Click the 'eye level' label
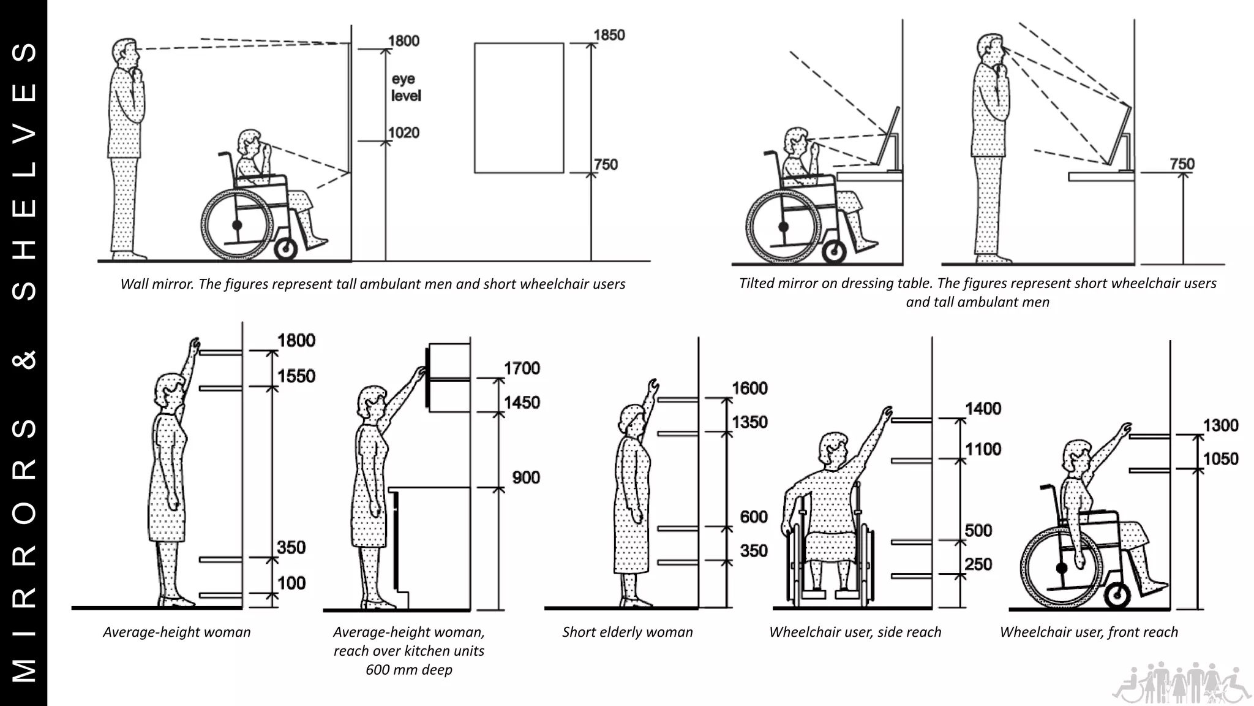(x=406, y=88)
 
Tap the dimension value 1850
(x=609, y=35)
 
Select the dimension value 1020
(x=404, y=132)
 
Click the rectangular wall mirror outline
(x=519, y=108)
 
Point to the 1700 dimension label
(x=522, y=368)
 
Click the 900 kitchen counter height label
(x=526, y=477)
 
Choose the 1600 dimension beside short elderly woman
(x=749, y=388)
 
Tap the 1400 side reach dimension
(x=983, y=409)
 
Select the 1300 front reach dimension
(x=1220, y=425)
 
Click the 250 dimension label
(x=978, y=564)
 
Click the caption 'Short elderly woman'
(x=627, y=632)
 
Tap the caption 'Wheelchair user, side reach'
(x=855, y=632)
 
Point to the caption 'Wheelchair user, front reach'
(x=1089, y=632)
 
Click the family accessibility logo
(x=1181, y=682)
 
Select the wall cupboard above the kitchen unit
(x=449, y=378)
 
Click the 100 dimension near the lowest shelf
(x=291, y=583)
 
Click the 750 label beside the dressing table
(x=1182, y=164)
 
